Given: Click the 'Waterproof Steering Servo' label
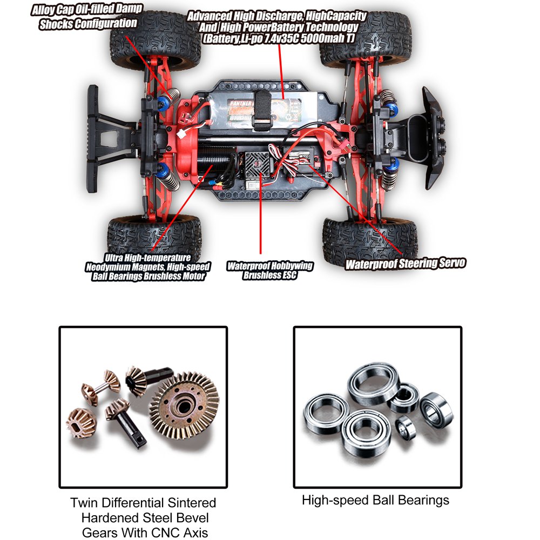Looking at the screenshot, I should click(405, 264).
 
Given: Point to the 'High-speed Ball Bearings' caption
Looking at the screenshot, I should click(375, 500).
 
